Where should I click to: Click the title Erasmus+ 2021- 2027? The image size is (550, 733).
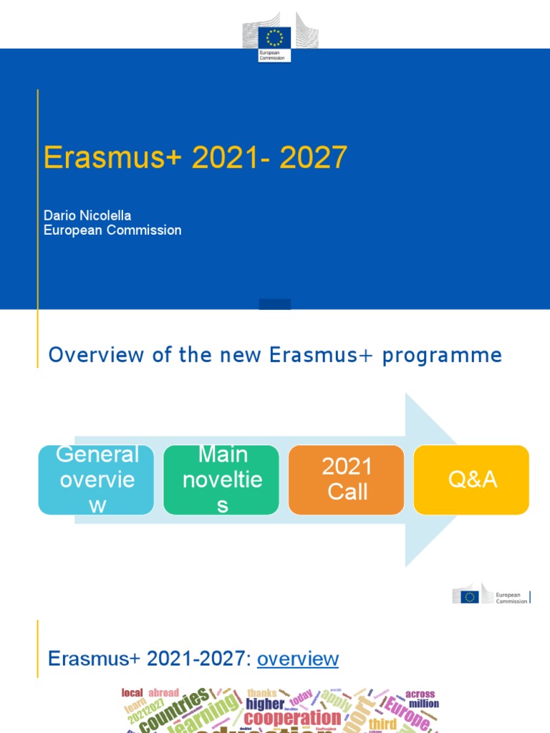pyautogui.click(x=196, y=157)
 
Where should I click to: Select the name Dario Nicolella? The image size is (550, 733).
pyautogui.click(x=87, y=215)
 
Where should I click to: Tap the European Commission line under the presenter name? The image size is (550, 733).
pyautogui.click(x=112, y=230)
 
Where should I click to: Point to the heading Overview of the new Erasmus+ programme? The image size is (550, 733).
pyautogui.click(x=275, y=355)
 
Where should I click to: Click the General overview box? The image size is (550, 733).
pyautogui.click(x=97, y=480)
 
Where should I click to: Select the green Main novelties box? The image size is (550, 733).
pyautogui.click(x=222, y=480)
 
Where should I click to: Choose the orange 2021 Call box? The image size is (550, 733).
pyautogui.click(x=347, y=480)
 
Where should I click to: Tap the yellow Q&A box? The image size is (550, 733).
pyautogui.click(x=472, y=480)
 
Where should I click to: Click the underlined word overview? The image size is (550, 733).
pyautogui.click(x=297, y=659)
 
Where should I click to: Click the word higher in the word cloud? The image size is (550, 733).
pyautogui.click(x=265, y=704)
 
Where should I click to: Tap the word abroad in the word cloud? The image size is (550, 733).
pyautogui.click(x=164, y=693)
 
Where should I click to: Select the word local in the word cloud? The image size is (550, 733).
pyautogui.click(x=132, y=693)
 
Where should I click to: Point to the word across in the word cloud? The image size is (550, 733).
pyautogui.click(x=420, y=694)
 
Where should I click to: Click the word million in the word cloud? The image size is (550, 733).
pyautogui.click(x=424, y=704)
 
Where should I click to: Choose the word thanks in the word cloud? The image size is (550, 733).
pyautogui.click(x=261, y=693)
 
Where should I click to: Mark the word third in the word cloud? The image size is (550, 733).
pyautogui.click(x=382, y=724)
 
